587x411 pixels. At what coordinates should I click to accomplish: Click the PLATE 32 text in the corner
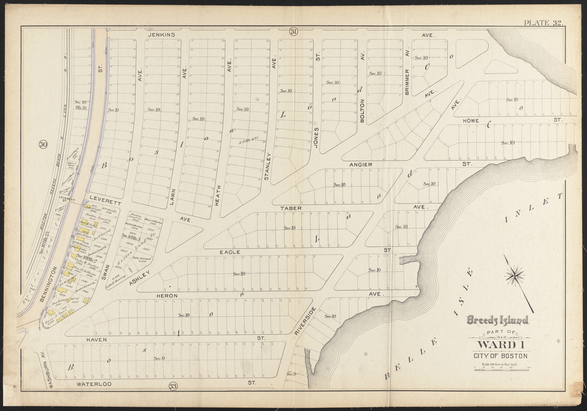coord(543,23)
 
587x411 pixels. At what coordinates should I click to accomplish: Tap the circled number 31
coord(293,32)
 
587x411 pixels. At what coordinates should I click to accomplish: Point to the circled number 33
coord(173,386)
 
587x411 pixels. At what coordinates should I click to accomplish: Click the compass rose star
coord(514,275)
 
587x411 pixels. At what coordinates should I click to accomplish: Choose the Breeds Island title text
coord(497,321)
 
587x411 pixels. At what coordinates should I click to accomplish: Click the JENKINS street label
coord(162,35)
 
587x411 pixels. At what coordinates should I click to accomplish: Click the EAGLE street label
coord(230,252)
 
